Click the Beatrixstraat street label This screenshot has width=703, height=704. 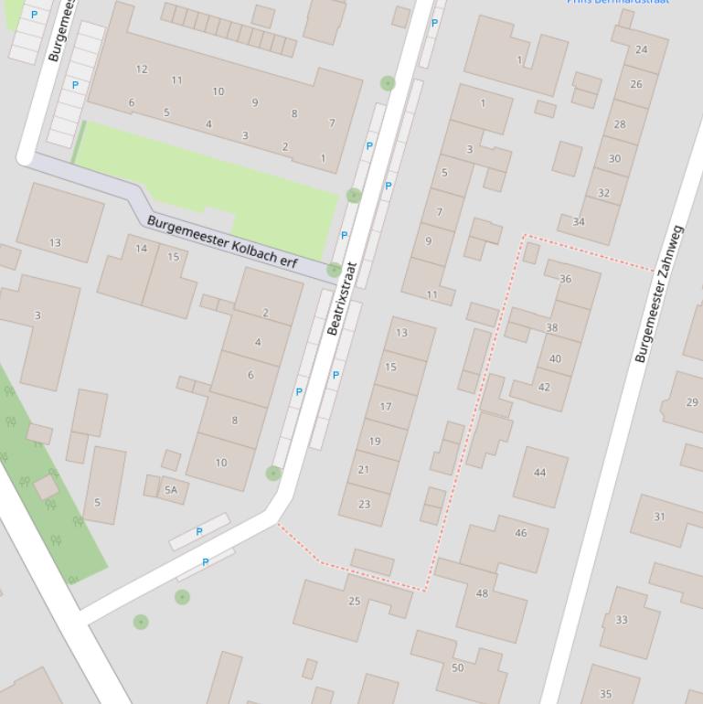tap(342, 298)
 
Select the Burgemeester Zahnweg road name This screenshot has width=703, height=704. tap(660, 294)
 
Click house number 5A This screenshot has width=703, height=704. tap(171, 490)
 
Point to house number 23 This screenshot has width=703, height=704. tap(365, 504)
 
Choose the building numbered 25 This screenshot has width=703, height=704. tap(355, 601)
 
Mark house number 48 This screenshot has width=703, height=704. tap(482, 593)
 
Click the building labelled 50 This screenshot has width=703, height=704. tap(457, 667)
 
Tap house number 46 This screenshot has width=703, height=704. tap(520, 533)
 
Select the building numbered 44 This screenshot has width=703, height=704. tap(539, 473)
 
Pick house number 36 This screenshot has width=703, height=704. tap(565, 279)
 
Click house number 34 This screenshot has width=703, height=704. tap(579, 221)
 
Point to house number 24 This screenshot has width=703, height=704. tap(641, 49)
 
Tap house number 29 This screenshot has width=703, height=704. tap(692, 402)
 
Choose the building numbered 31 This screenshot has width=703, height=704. tap(659, 517)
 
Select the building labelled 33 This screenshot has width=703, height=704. tap(622, 620)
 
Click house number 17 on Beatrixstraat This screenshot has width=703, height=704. tap(386, 407)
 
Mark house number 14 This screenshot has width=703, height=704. tap(141, 249)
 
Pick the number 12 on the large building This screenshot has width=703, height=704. tap(142, 69)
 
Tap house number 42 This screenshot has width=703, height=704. tap(544, 387)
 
